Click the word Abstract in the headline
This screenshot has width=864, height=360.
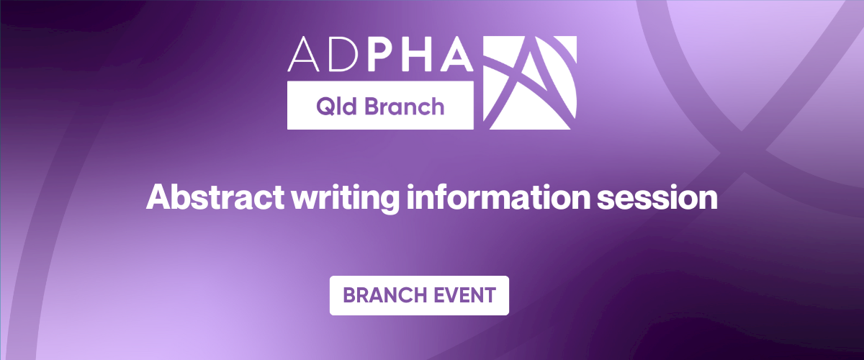[x=215, y=197]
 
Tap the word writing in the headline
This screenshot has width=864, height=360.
[x=345, y=198]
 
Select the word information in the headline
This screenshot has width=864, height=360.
[x=498, y=197]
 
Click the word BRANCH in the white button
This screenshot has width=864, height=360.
[x=384, y=296]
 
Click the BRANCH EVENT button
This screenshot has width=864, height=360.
[x=419, y=296]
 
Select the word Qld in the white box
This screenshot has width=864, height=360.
[x=336, y=106]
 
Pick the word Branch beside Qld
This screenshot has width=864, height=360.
[x=405, y=106]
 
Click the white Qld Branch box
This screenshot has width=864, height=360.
[x=380, y=105]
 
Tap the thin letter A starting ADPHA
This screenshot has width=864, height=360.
[x=303, y=54]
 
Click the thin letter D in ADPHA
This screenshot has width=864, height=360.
[x=343, y=54]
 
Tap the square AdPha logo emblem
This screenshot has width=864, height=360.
[x=530, y=83]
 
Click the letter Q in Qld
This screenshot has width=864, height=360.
[x=325, y=107]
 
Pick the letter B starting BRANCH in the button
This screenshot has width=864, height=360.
[x=349, y=296]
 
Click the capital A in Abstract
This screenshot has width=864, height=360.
[x=159, y=197]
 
